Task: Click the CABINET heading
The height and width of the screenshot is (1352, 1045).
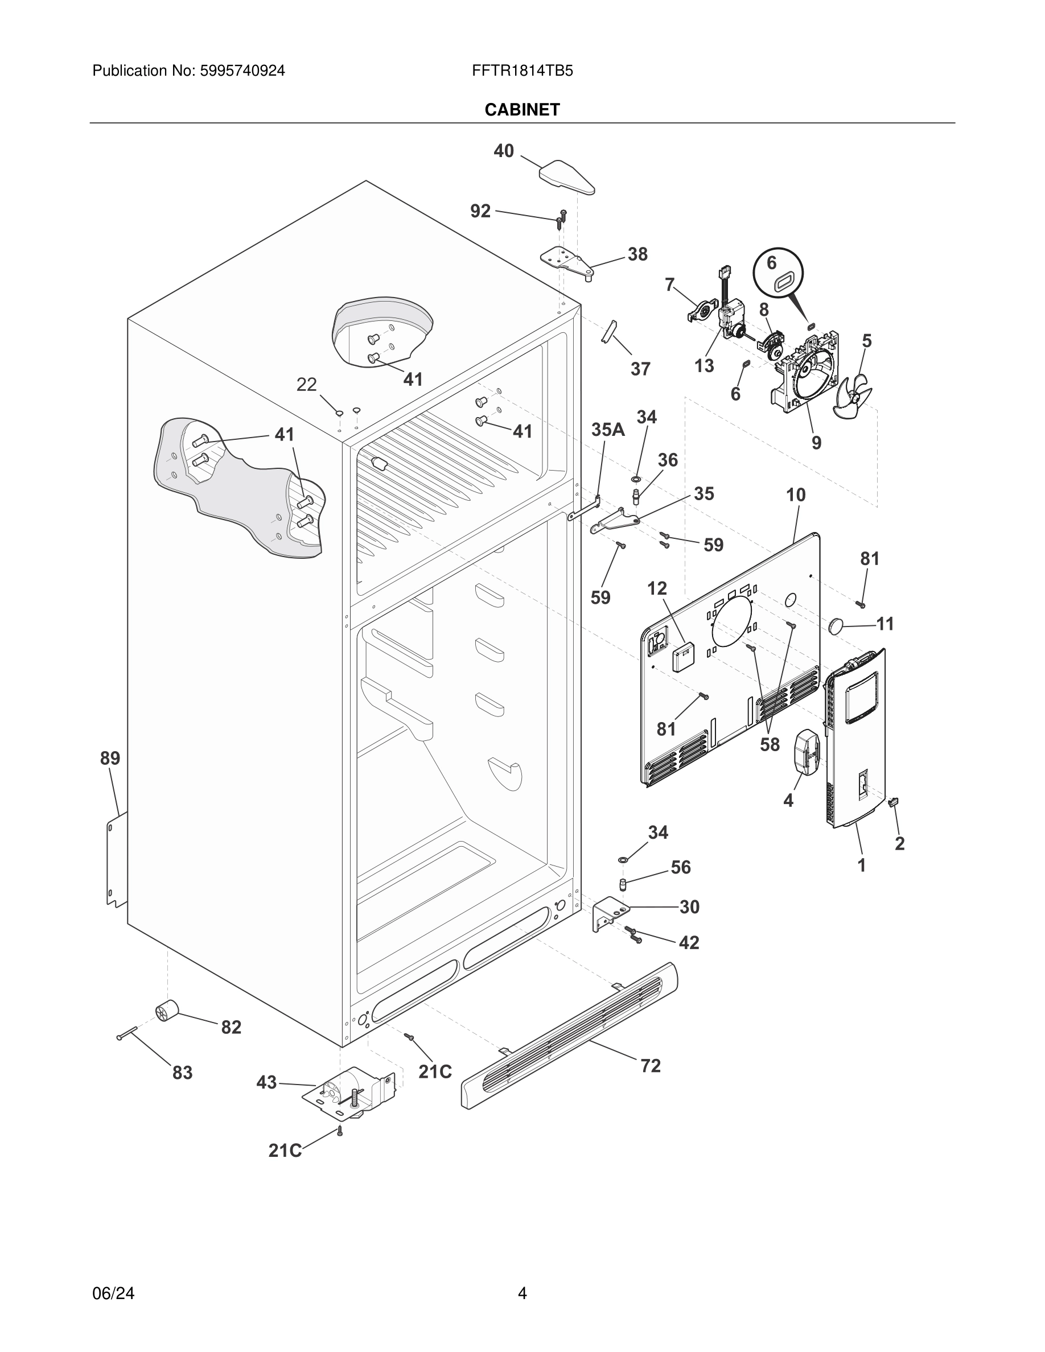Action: click(x=522, y=110)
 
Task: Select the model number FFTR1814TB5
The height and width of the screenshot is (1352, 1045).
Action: click(x=522, y=71)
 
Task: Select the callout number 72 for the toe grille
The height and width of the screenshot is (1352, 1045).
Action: click(x=650, y=1066)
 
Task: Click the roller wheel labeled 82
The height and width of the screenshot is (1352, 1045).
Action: click(x=167, y=1012)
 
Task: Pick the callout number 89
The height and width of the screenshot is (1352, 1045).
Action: click(x=110, y=759)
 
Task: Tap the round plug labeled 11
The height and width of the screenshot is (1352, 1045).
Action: click(x=837, y=625)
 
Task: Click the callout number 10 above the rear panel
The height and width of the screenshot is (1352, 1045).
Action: click(x=796, y=495)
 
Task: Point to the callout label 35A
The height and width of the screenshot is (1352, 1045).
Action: click(x=608, y=430)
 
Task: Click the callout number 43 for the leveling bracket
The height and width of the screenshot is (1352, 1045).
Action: click(x=266, y=1083)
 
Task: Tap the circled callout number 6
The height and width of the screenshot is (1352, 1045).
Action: click(x=771, y=263)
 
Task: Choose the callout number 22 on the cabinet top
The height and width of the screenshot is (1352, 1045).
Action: click(x=306, y=385)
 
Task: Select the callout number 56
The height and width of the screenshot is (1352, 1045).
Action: click(x=680, y=867)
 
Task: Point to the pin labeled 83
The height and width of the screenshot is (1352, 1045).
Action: click(x=127, y=1033)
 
